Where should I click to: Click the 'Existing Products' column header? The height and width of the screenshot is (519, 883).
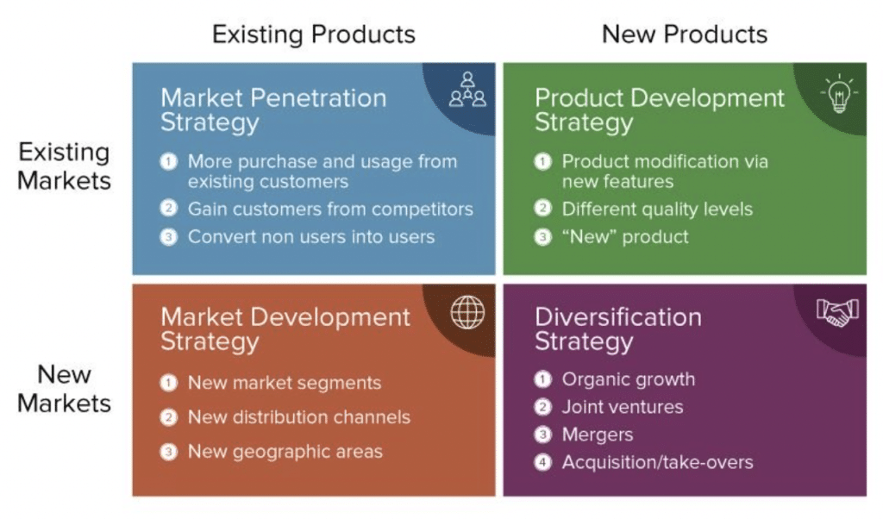point(314,34)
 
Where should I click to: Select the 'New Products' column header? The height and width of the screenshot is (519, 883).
point(684,34)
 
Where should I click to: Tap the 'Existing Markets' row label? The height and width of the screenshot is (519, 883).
point(65,166)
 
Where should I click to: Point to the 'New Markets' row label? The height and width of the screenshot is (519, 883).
point(65,389)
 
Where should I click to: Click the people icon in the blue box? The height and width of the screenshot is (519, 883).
point(467,90)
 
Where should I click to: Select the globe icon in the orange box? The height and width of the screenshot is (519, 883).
point(467,312)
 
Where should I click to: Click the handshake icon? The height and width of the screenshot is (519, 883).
point(837,314)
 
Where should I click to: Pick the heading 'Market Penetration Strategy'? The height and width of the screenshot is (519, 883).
point(273,109)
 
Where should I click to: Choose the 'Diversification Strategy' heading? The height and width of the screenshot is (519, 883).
point(617,328)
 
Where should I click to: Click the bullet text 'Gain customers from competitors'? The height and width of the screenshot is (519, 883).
point(330,209)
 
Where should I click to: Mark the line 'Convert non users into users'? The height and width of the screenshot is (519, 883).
point(311,236)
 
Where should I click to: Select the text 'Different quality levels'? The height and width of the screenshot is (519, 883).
point(657,209)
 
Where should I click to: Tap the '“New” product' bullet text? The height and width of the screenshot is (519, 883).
point(625,236)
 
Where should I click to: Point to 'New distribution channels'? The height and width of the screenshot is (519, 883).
point(298,417)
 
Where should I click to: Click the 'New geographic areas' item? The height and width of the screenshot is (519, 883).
point(285,451)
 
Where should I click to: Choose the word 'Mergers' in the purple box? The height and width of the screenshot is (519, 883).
point(598,435)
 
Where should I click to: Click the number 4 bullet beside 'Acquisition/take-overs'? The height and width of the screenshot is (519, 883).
point(542,463)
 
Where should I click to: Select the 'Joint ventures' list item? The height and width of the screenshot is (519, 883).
point(623,407)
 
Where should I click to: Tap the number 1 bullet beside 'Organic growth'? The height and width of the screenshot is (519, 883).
point(542,379)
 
